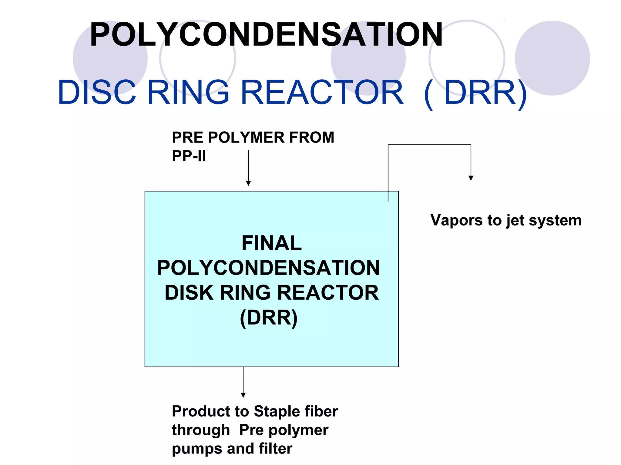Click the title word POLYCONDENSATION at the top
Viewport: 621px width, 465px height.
click(x=266, y=35)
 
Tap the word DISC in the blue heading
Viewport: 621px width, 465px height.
click(x=97, y=92)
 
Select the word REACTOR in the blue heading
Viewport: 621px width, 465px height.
click(x=322, y=92)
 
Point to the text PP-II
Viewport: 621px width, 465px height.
click(x=189, y=156)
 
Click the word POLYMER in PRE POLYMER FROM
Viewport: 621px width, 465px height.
click(x=246, y=137)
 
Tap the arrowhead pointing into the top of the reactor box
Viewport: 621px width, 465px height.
click(x=248, y=183)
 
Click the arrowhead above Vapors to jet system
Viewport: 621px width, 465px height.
click(x=471, y=178)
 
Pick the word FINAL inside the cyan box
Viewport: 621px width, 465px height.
click(x=272, y=243)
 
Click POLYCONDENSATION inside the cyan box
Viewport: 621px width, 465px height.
click(x=269, y=268)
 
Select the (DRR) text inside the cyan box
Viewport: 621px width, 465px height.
click(x=269, y=318)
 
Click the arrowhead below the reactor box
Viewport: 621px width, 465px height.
click(x=243, y=395)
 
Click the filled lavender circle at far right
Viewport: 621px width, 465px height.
click(x=552, y=58)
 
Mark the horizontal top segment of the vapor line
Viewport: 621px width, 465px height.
click(x=429, y=145)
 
